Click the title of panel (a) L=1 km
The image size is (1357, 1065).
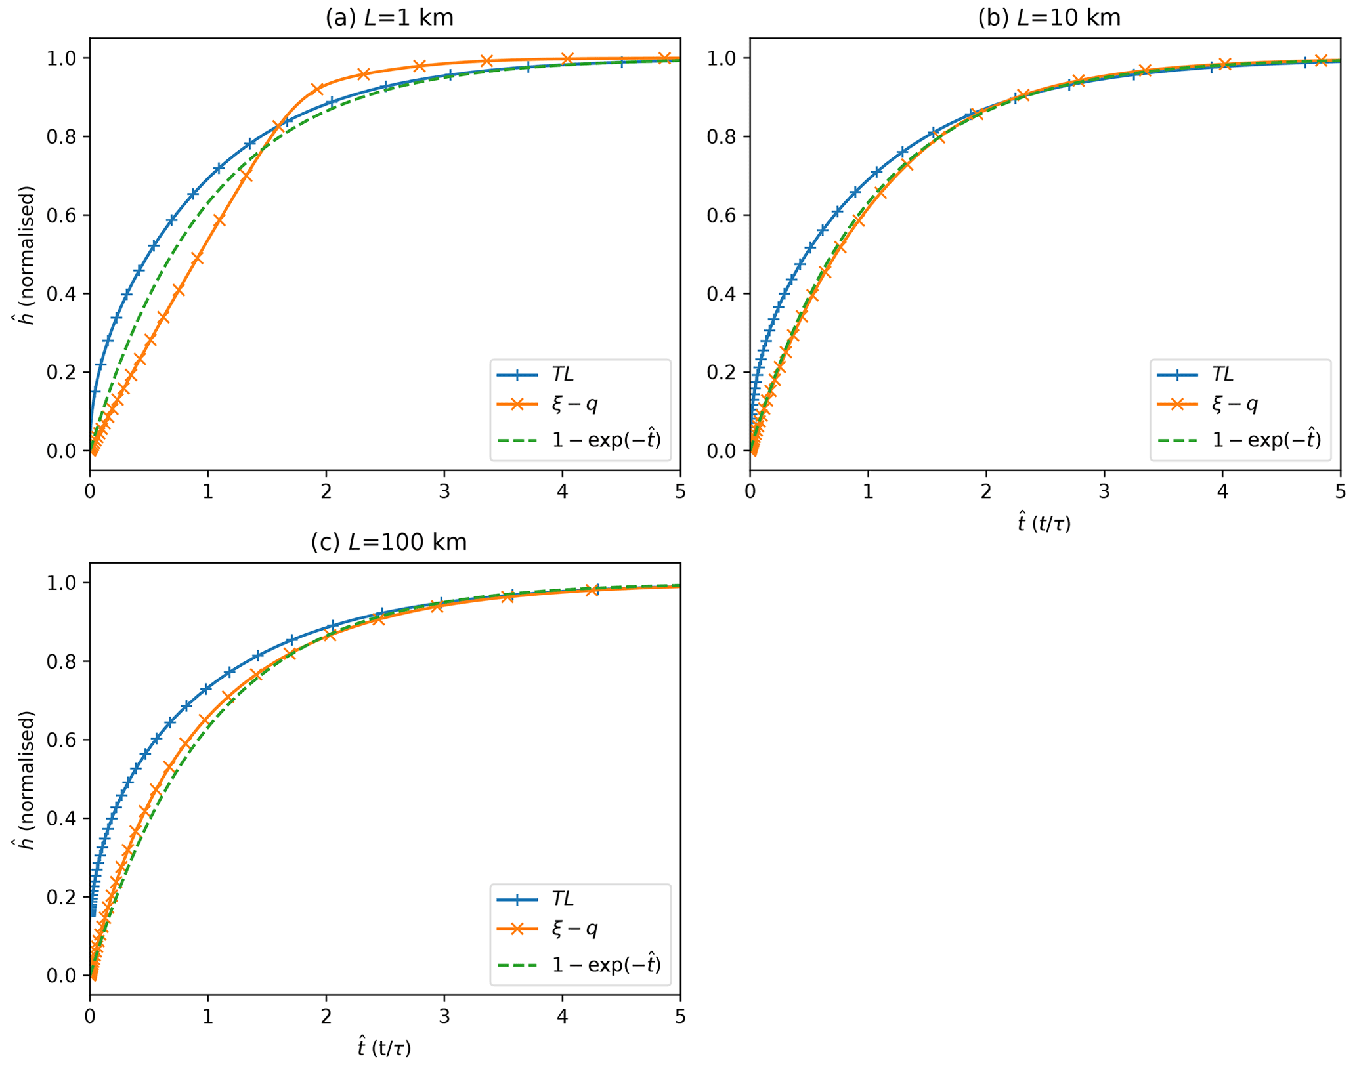[389, 18]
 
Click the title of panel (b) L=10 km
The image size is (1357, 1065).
[1049, 18]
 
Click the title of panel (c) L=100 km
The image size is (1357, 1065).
[389, 543]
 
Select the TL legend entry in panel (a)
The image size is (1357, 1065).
[563, 375]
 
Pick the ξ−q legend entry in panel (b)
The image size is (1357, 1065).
[1234, 404]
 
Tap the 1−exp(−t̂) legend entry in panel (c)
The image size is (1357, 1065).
[606, 965]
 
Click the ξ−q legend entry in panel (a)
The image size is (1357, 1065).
[574, 404]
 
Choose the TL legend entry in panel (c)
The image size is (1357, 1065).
[563, 899]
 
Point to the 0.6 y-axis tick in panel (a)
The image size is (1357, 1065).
[60, 215]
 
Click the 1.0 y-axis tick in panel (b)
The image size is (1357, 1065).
[720, 58]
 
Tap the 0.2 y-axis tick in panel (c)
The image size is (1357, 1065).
[60, 897]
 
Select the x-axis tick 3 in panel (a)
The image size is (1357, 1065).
[444, 492]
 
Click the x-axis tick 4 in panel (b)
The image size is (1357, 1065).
[1222, 492]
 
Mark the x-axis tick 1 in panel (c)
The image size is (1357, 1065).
[208, 1017]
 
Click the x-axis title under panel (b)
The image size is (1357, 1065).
[1045, 523]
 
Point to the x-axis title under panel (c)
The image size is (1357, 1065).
[385, 1048]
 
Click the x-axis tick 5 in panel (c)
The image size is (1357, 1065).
[680, 1017]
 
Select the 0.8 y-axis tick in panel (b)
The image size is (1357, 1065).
[720, 136]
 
